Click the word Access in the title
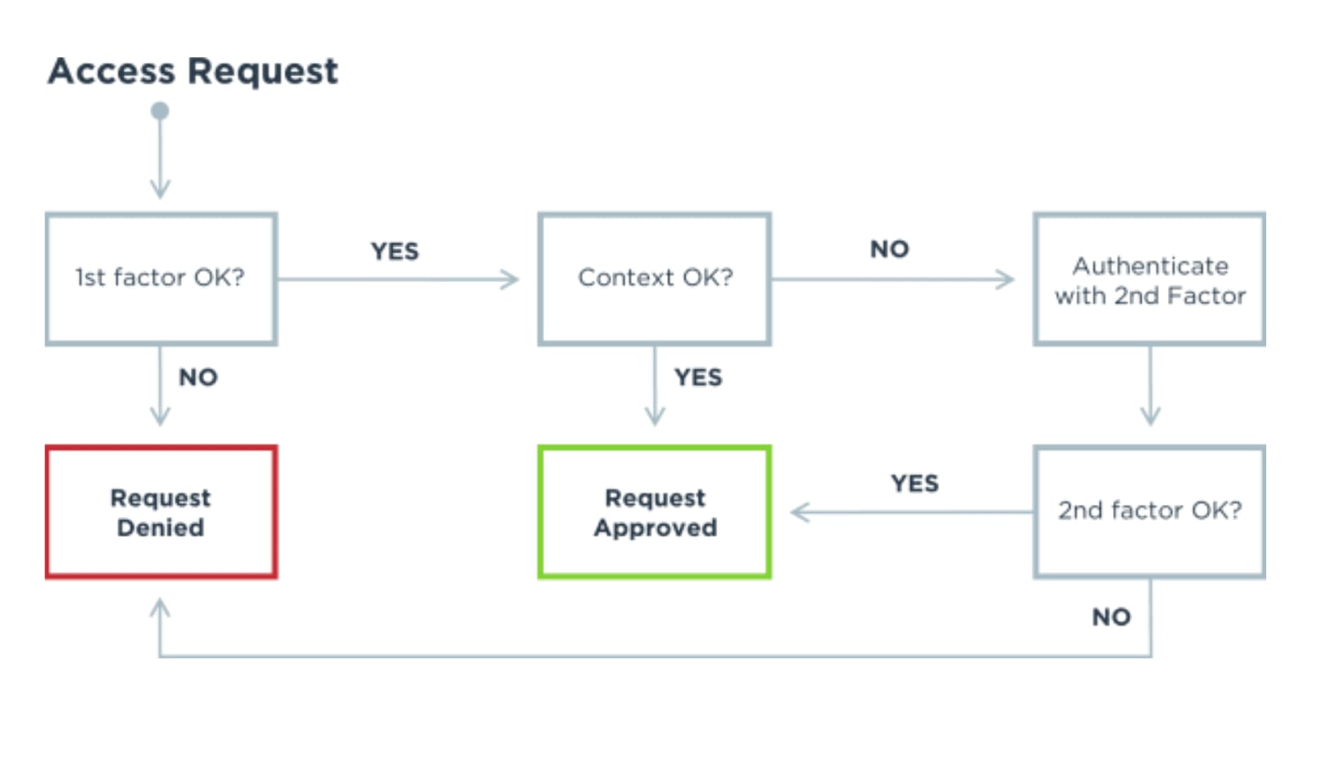click(x=111, y=71)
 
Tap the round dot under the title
click(x=160, y=111)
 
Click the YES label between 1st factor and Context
click(x=395, y=252)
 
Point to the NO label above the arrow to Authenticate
click(x=890, y=249)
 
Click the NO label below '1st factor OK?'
click(x=198, y=378)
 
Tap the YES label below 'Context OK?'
click(x=698, y=378)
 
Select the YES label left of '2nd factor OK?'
click(x=915, y=484)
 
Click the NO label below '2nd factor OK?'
click(x=1112, y=617)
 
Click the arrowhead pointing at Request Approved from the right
click(x=801, y=512)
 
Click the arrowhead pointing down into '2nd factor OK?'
click(x=1150, y=416)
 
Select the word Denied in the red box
click(x=161, y=528)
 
